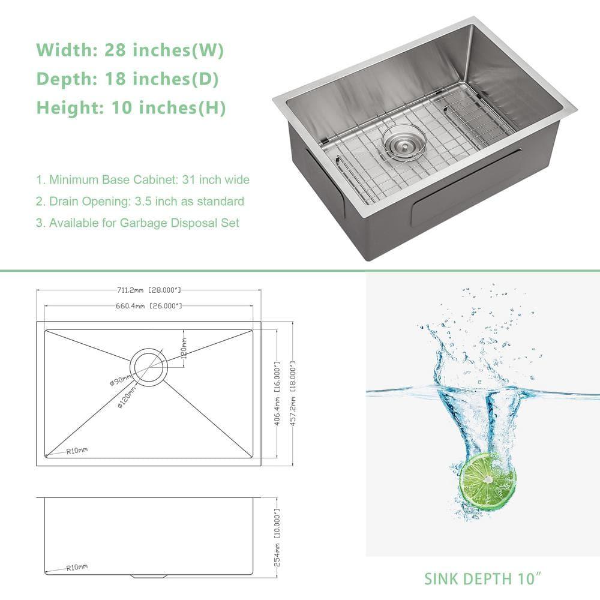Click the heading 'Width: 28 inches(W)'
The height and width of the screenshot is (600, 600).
tap(130, 50)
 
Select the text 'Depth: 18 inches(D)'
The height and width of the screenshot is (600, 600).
tap(127, 79)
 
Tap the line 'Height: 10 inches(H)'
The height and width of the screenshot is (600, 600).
tap(131, 108)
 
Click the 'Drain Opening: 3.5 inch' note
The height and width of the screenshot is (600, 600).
tap(140, 201)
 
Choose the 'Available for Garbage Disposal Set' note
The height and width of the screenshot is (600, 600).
tap(137, 223)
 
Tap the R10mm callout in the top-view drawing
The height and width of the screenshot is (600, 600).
tap(76, 450)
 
